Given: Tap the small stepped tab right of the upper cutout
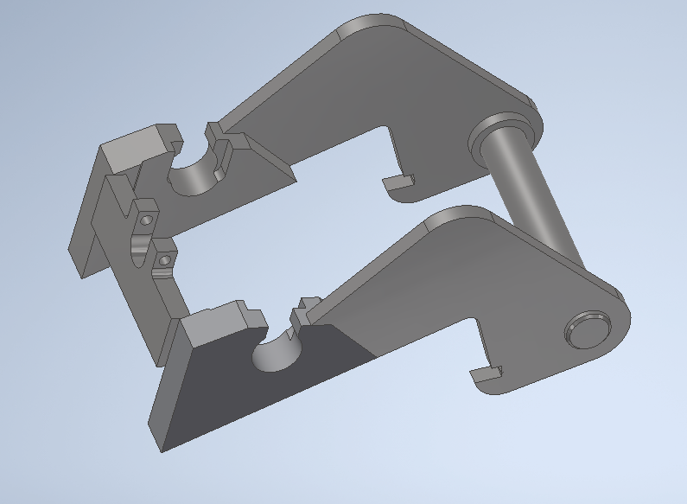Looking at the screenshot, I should [216, 134].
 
